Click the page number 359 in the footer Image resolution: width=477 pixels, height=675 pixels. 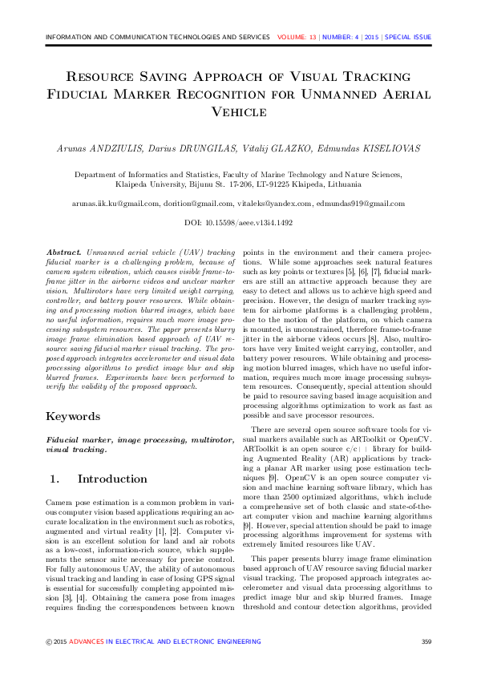click(426, 641)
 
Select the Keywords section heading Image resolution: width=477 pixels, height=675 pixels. click(73, 417)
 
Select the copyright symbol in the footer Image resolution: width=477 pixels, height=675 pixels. click(48, 641)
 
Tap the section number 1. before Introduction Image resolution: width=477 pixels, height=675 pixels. click(55, 479)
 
